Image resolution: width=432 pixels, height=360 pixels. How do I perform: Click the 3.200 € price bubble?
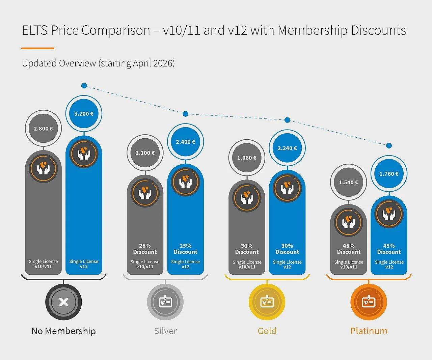pyautogui.click(x=84, y=114)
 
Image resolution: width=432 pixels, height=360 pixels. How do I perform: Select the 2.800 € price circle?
pyautogui.click(x=43, y=129)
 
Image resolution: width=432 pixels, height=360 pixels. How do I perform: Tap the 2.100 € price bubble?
pyautogui.click(x=145, y=153)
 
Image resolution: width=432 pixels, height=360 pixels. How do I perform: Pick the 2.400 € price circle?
pyautogui.click(x=186, y=142)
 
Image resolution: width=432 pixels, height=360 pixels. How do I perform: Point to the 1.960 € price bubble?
pyautogui.click(x=247, y=158)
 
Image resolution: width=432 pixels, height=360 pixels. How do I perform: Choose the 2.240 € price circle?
pyautogui.click(x=287, y=148)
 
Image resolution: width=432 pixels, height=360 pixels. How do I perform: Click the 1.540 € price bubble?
pyautogui.click(x=349, y=182)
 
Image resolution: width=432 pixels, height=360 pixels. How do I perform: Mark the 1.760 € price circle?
pyautogui.click(x=389, y=174)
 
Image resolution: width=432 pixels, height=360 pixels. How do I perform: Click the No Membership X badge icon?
pyautogui.click(x=63, y=302)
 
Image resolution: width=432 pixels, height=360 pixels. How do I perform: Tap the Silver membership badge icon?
pyautogui.click(x=165, y=302)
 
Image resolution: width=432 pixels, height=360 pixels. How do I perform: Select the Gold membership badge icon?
pyautogui.click(x=267, y=302)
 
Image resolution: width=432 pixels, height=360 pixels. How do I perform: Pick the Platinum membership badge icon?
pyautogui.click(x=369, y=302)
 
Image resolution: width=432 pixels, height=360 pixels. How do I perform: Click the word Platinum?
pyautogui.click(x=369, y=331)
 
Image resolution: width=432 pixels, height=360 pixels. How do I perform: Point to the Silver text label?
pyautogui.click(x=165, y=331)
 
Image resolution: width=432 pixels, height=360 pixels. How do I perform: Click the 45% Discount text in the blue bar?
pyautogui.click(x=389, y=249)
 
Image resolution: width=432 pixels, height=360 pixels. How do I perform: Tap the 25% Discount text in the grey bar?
pyautogui.click(x=145, y=249)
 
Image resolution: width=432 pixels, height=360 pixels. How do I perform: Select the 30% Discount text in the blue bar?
pyautogui.click(x=287, y=249)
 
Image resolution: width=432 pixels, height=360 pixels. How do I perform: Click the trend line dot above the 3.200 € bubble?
pyautogui.click(x=84, y=86)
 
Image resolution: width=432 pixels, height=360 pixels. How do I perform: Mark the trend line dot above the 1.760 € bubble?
pyautogui.click(x=389, y=146)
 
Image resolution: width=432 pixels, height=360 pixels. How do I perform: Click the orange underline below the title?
pyautogui.click(x=38, y=48)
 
